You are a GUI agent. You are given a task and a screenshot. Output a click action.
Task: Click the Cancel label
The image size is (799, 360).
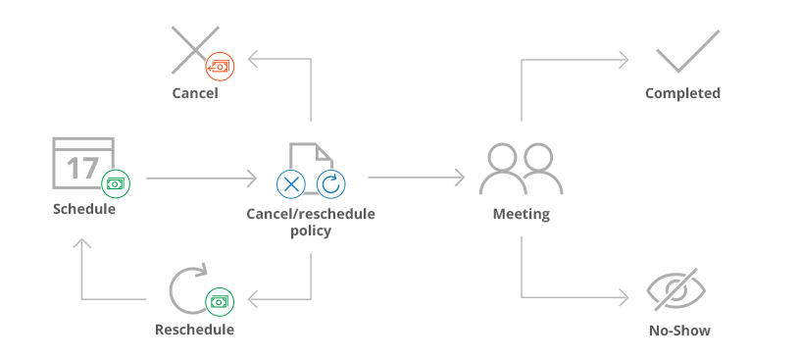(x=195, y=93)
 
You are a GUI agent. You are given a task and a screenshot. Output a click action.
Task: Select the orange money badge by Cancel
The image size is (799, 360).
(x=220, y=66)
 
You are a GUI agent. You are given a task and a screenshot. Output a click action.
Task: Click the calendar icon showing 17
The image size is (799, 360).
(x=82, y=161)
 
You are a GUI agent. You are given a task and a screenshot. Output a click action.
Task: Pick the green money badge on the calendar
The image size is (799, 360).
(x=116, y=182)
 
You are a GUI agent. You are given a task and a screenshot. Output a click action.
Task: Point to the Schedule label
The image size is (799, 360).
(x=84, y=208)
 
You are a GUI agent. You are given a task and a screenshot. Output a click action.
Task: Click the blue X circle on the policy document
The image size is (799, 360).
(x=291, y=182)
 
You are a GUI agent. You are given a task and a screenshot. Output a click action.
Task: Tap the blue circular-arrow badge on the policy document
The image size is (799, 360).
(x=330, y=182)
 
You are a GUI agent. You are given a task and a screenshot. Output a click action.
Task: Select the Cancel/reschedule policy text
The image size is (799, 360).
(x=311, y=222)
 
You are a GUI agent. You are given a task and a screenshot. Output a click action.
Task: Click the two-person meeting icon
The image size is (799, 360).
(x=521, y=170)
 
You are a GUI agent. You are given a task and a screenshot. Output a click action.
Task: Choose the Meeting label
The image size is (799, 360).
(x=521, y=214)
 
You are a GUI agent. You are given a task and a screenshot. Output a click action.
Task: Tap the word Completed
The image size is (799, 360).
(x=682, y=93)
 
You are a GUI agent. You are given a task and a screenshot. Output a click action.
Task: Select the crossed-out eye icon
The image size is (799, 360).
(x=677, y=291)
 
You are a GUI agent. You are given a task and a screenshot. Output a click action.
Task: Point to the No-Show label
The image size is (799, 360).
(x=679, y=331)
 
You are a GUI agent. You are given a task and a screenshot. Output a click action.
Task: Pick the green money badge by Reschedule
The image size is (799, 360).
(x=220, y=301)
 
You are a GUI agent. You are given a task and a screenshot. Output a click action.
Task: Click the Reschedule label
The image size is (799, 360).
(x=194, y=330)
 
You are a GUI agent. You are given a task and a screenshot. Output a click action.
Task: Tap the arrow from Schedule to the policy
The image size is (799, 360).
(x=201, y=179)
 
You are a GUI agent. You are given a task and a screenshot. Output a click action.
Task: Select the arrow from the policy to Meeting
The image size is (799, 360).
(x=417, y=178)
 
